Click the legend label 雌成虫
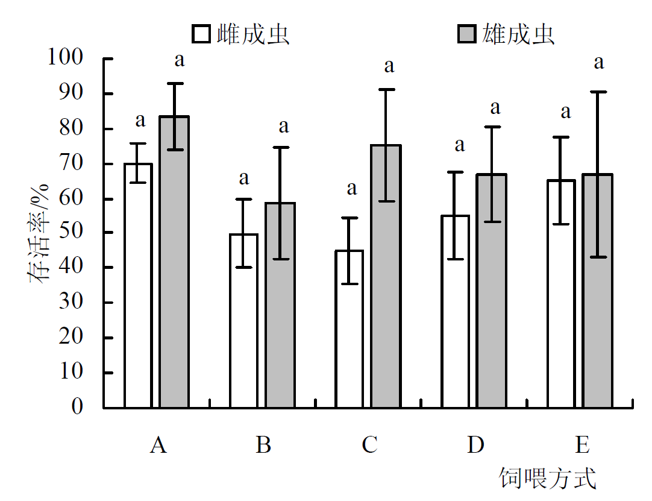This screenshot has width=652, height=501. [x=253, y=34]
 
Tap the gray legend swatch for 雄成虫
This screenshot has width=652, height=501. [x=466, y=34]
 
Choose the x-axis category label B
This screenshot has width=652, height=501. [x=263, y=446]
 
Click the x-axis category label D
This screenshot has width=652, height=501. [x=475, y=446]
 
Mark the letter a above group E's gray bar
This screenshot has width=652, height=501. [x=598, y=62]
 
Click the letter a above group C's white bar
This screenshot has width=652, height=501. [x=351, y=189]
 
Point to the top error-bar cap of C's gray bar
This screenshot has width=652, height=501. [x=386, y=90]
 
